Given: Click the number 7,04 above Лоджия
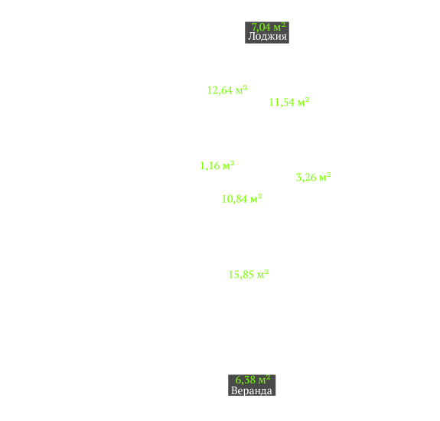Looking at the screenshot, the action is [x=261, y=28].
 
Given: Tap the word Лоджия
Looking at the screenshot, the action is [x=267, y=37].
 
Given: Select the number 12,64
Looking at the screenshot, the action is [x=220, y=90].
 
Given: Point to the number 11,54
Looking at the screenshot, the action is [x=282, y=103].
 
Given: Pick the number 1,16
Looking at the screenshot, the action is [x=210, y=166].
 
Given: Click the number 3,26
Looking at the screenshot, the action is [x=306, y=178].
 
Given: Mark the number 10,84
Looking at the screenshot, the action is [x=235, y=199].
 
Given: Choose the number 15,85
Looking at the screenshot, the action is [x=241, y=275].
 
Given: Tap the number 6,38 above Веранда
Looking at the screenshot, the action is [x=246, y=380].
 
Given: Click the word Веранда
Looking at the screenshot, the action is [x=252, y=390].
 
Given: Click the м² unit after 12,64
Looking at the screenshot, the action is [x=241, y=90].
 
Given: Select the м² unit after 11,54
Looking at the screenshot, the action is [x=303, y=102].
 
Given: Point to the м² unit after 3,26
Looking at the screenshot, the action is [x=325, y=177].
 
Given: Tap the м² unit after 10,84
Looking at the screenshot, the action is [x=256, y=198].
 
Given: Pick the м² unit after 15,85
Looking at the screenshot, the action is [x=263, y=274].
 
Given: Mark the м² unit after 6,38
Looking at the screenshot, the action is [x=264, y=380].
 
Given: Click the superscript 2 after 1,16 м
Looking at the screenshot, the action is [x=233, y=163].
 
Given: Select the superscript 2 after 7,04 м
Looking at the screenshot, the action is [x=283, y=24].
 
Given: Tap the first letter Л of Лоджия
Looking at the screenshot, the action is [x=251, y=36].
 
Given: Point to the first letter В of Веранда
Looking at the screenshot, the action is [x=234, y=390].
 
